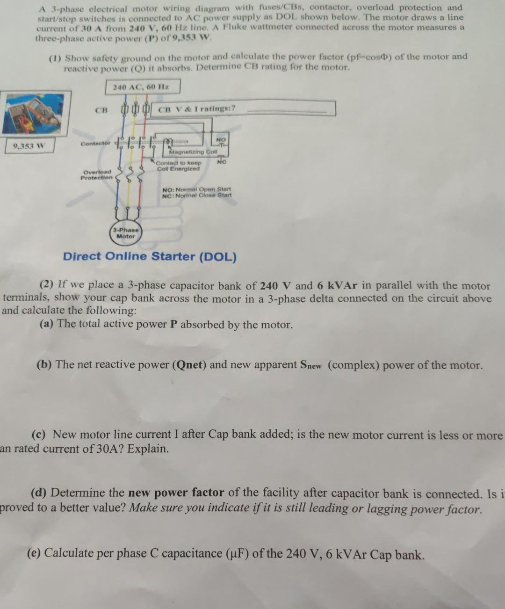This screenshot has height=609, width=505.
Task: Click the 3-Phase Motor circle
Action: click(125, 233)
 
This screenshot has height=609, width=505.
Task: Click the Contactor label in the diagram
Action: click(95, 143)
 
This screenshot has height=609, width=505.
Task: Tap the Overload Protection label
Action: click(97, 175)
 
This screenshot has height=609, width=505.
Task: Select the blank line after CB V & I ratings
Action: click(290, 111)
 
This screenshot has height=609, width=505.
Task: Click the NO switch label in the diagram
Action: click(221, 139)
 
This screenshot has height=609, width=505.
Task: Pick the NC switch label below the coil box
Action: click(222, 162)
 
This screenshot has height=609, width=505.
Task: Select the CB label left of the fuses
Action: click(101, 110)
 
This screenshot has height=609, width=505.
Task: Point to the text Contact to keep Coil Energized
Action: click(178, 166)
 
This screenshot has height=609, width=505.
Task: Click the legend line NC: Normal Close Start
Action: click(196, 196)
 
